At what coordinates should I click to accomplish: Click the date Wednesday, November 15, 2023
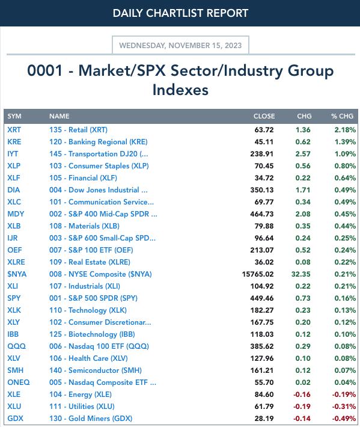[180, 46]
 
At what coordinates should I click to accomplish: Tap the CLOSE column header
[264, 116]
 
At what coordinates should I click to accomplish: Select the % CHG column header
[343, 116]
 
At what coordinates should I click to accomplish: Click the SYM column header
[14, 116]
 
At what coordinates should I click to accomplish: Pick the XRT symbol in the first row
[14, 130]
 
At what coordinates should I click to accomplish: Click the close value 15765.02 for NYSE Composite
[258, 274]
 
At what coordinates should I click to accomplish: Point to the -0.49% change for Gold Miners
[344, 419]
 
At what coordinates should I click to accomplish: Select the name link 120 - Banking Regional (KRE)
[98, 142]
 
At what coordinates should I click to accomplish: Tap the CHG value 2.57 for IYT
[303, 154]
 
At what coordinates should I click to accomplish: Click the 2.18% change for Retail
[345, 130]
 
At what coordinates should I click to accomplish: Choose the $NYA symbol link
[17, 274]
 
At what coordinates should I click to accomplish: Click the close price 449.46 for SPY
[262, 298]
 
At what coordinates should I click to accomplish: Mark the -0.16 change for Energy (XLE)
[302, 395]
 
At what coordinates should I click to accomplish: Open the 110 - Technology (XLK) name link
[88, 310]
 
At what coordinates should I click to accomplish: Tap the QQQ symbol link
[17, 346]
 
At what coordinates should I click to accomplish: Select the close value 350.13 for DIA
[262, 190]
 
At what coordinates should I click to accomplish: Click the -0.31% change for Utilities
[344, 407]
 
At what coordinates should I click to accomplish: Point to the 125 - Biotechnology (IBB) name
[92, 334]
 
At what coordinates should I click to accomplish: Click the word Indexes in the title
[180, 90]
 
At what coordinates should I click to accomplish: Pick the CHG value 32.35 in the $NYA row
[301, 274]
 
